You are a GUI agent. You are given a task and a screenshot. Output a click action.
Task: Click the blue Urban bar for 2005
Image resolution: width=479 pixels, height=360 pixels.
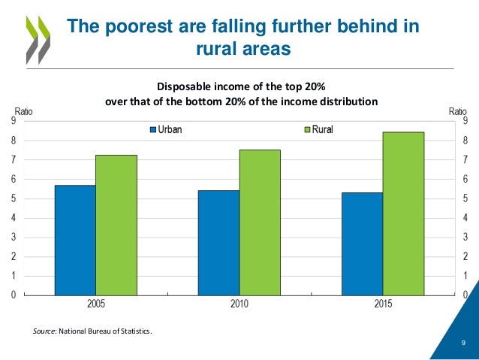click(75, 240)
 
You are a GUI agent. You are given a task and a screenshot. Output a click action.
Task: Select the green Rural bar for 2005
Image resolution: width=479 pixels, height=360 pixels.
click(116, 225)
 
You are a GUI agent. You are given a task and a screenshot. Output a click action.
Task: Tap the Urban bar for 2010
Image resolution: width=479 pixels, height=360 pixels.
click(218, 242)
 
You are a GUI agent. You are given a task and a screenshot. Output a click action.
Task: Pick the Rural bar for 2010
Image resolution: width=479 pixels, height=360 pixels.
click(260, 222)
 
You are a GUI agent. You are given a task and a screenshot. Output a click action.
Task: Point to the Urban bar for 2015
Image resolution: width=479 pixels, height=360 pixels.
click(362, 244)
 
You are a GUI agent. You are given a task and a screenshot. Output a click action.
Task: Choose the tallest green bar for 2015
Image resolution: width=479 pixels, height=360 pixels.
click(403, 213)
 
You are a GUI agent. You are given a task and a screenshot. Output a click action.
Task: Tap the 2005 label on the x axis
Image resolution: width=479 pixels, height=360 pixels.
click(96, 305)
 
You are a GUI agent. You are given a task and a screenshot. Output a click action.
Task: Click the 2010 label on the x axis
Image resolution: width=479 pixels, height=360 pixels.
click(239, 305)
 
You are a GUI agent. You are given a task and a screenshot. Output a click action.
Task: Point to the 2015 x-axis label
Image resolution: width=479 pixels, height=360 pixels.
click(383, 305)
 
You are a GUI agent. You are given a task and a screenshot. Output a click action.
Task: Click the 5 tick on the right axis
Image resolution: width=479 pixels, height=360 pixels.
click(465, 199)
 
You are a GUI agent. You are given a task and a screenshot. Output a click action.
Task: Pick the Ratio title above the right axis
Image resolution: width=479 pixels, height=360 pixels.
click(457, 111)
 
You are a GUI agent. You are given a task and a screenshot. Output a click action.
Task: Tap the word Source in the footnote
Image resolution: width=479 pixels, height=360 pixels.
click(47, 329)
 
